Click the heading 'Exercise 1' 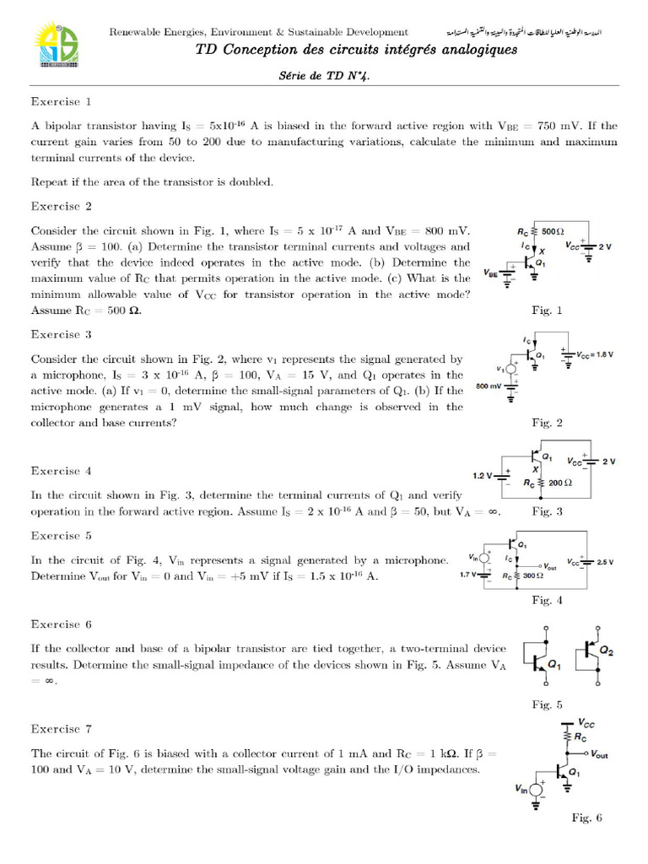coord(61,101)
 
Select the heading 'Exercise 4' coord(61,471)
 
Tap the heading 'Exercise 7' coord(61,728)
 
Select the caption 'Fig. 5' coord(547,705)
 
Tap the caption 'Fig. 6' coord(586,818)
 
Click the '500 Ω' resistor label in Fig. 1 coord(553,230)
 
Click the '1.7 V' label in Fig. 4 coord(470,575)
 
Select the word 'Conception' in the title coord(255,50)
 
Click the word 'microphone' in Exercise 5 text coord(410,560)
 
